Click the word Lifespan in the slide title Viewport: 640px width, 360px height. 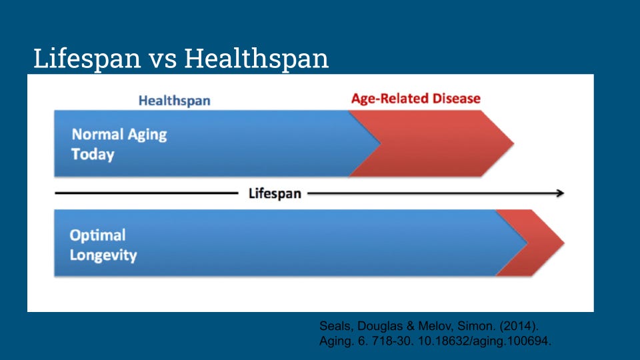click(87, 59)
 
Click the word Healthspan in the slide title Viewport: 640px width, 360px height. click(257, 59)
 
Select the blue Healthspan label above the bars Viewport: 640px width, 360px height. click(174, 101)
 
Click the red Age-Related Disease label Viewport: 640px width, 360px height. click(415, 99)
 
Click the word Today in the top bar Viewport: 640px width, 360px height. click(93, 155)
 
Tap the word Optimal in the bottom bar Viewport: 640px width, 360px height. click(97, 235)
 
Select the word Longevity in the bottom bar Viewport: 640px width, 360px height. click(103, 255)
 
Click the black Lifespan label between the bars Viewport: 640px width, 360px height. click(275, 194)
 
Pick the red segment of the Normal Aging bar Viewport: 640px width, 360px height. click(440, 143)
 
